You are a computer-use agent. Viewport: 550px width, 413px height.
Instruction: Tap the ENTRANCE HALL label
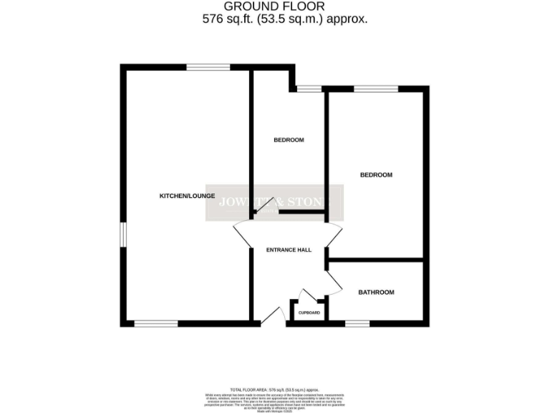pyautogui.click(x=289, y=250)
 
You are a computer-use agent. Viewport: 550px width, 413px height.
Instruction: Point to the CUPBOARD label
pyautogui.click(x=309, y=313)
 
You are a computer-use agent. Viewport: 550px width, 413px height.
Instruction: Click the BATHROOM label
pyautogui.click(x=376, y=293)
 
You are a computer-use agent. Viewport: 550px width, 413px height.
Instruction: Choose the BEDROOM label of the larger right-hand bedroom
pyautogui.click(x=376, y=175)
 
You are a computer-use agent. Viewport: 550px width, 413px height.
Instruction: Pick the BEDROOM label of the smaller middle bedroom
pyautogui.click(x=289, y=140)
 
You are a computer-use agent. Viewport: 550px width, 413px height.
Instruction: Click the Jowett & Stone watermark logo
pyautogui.click(x=275, y=202)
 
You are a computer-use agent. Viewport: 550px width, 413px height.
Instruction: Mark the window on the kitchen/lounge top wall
pyautogui.click(x=208, y=67)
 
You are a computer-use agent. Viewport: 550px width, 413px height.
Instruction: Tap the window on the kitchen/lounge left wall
pyautogui.click(x=122, y=234)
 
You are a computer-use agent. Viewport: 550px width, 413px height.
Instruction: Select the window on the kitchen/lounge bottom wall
pyautogui.click(x=156, y=324)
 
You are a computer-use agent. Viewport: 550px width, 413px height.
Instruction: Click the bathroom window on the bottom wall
pyautogui.click(x=357, y=324)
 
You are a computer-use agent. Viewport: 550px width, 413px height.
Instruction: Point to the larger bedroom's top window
pyautogui.click(x=375, y=89)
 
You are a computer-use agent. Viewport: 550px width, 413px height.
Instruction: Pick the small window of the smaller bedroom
pyautogui.click(x=309, y=89)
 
